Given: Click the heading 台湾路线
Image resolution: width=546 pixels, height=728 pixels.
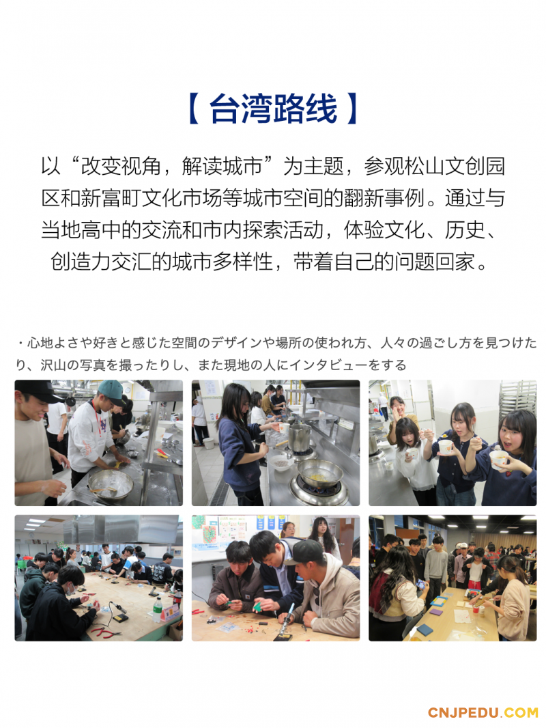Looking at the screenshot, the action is (273, 109).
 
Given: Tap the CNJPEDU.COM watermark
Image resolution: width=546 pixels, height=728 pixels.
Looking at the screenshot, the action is (483, 713).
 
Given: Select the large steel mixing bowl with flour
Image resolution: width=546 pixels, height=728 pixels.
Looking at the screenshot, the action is (111, 484).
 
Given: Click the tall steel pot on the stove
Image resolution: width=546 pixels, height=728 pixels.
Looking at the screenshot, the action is (299, 437).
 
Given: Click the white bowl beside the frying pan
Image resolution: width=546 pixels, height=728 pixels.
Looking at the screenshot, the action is (282, 462).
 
